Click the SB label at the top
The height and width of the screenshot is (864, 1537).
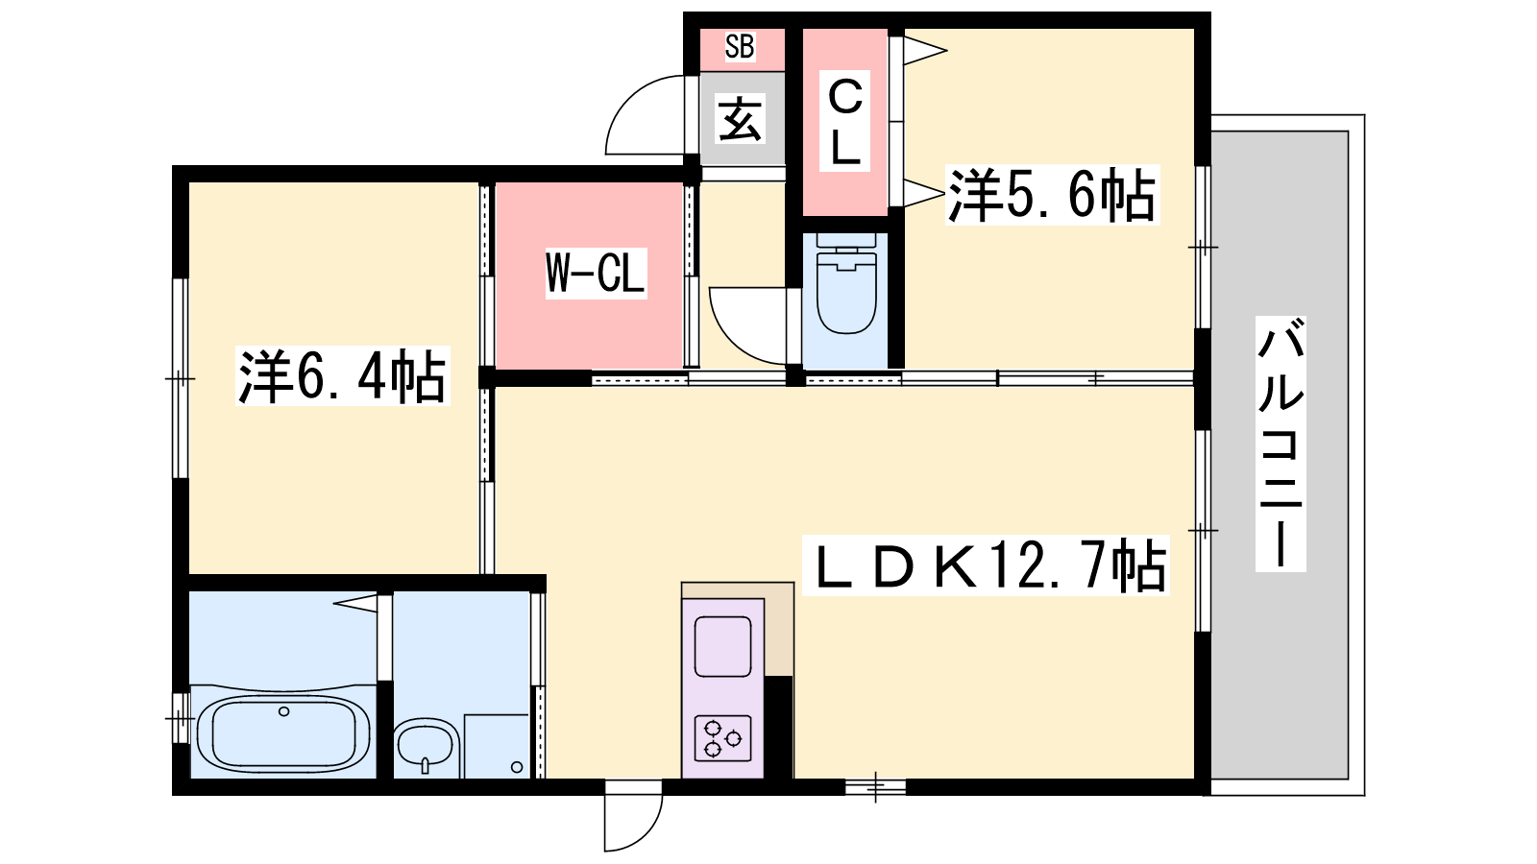click(740, 47)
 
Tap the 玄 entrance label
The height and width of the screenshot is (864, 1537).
click(740, 118)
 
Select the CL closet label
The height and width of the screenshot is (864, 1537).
click(844, 121)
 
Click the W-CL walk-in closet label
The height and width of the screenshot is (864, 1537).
click(596, 273)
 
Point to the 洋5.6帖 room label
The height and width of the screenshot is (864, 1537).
click(1051, 195)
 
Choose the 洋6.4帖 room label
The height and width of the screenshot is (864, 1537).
click(342, 375)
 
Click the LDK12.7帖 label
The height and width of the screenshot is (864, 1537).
click(986, 565)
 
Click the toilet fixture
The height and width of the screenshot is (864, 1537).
click(846, 283)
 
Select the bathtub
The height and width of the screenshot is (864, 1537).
click(283, 734)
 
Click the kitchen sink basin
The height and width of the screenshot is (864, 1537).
click(722, 646)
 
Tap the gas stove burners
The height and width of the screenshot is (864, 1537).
click(722, 738)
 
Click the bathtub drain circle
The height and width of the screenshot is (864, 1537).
click(284, 711)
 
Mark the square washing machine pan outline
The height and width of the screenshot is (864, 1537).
click(497, 746)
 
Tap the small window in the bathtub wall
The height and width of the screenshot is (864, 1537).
click(180, 718)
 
